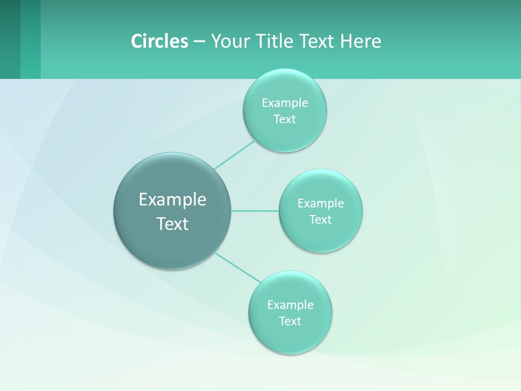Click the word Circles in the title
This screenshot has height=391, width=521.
pyautogui.click(x=159, y=41)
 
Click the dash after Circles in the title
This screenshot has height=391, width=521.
pyautogui.click(x=199, y=41)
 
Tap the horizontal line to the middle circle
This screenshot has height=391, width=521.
pyautogui.click(x=255, y=211)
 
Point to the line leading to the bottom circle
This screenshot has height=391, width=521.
pyautogui.click(x=238, y=267)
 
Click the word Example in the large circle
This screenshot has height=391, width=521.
pyautogui.click(x=173, y=200)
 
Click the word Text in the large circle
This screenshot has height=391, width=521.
pyautogui.click(x=173, y=224)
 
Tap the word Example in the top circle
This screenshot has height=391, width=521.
pyautogui.click(x=284, y=103)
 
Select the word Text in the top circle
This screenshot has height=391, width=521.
pyautogui.click(x=284, y=119)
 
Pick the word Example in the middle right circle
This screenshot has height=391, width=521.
pyautogui.click(x=320, y=204)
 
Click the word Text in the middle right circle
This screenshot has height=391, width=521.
pyautogui.click(x=320, y=220)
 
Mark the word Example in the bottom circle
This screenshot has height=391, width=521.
pyautogui.click(x=290, y=305)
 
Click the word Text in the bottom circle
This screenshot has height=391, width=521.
pyautogui.click(x=290, y=321)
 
